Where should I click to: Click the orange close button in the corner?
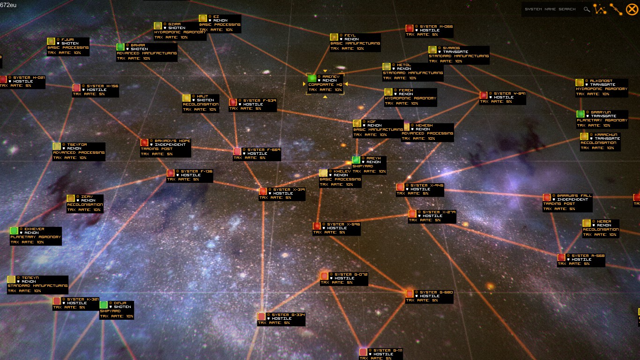coord(631,9)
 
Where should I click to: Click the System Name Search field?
coord(551,9)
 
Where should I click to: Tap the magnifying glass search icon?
coord(587,9)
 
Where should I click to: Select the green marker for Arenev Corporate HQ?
coord(312,78)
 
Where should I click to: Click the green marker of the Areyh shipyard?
coord(356,160)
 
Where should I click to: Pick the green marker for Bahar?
coord(120,47)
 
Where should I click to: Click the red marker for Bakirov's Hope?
coord(144,142)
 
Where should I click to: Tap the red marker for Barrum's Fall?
coord(547,197)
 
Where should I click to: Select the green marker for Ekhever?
coord(14,231)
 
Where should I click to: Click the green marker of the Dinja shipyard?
coord(104,305)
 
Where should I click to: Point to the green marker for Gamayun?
coord(580,114)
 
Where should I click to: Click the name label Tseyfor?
coord(77,144)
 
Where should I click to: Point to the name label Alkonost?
coord(601,81)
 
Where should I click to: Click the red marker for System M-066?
coord(409,28)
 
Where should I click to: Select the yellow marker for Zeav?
coord(71,198)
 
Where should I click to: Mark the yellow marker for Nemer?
coord(587,223)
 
